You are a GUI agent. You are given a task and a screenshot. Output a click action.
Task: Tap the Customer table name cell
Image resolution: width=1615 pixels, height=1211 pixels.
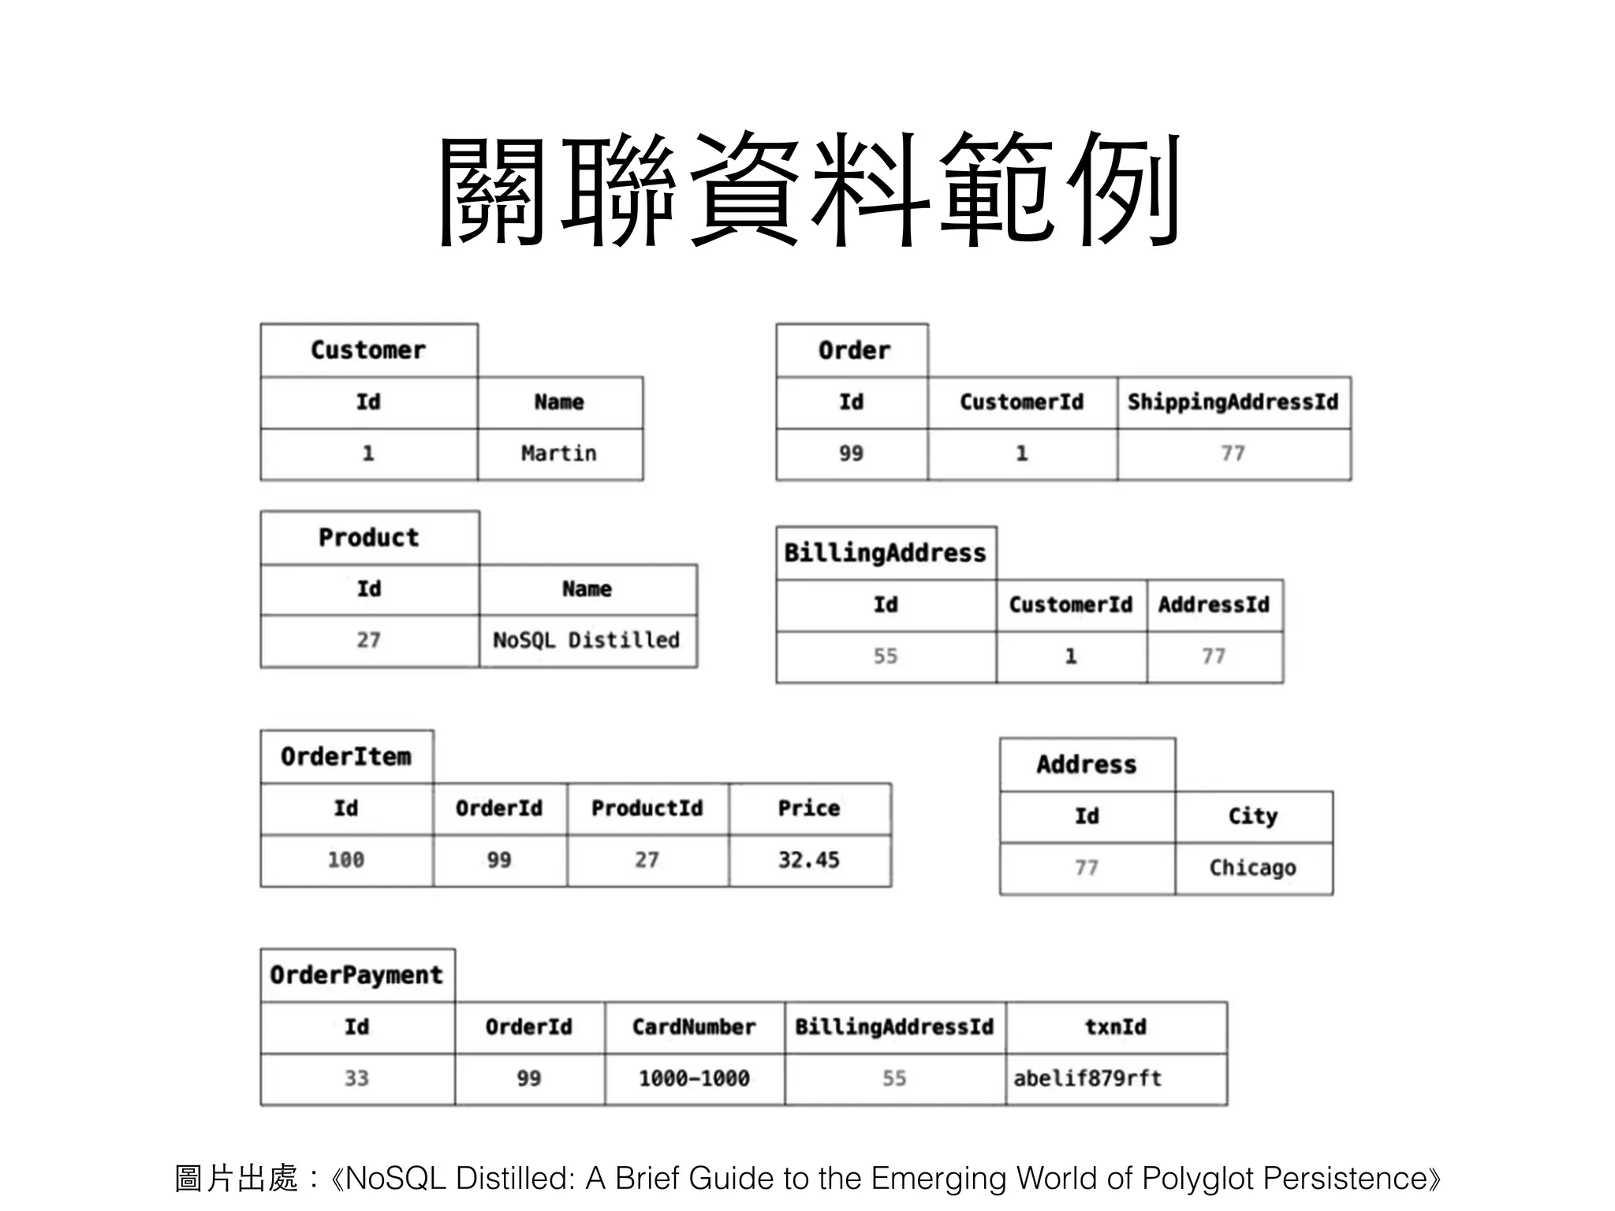coord(368,350)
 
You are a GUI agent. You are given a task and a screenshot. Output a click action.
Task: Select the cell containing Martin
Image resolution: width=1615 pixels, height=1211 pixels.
coord(559,453)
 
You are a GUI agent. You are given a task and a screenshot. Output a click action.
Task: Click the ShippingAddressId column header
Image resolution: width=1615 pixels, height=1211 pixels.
coord(1233,402)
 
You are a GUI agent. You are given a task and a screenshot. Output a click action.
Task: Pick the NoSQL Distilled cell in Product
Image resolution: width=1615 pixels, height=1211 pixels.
coord(586,640)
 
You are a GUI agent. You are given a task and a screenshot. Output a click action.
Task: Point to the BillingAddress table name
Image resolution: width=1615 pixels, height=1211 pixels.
coord(885,553)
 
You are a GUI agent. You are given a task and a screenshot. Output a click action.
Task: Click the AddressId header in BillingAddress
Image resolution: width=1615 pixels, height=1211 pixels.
coord(1214,605)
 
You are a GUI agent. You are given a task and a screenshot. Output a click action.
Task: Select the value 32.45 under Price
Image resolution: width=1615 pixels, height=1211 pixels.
coord(809,859)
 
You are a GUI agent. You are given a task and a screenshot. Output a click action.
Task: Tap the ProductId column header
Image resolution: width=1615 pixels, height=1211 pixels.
coord(647,808)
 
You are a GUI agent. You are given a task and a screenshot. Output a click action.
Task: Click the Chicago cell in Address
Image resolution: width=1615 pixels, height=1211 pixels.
coord(1252,867)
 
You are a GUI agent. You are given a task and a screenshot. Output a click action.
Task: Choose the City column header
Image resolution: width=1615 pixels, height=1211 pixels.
coord(1252,816)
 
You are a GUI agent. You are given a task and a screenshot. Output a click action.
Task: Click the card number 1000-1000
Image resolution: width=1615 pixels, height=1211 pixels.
coord(694,1078)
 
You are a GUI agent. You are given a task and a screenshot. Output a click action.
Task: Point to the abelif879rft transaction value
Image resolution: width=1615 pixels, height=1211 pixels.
coord(1087,1078)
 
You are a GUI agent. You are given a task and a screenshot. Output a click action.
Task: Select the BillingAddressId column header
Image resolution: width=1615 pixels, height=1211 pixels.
coord(894,1027)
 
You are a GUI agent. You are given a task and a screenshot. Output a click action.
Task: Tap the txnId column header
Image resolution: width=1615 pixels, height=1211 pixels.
coord(1115,1027)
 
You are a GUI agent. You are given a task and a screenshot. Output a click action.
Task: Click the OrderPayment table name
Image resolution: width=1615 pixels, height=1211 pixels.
coord(356,975)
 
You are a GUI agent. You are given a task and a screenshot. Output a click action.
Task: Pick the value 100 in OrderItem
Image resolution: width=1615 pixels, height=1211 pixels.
coord(346,859)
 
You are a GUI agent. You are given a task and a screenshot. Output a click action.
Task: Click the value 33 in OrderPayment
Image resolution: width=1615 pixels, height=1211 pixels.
coord(356,1078)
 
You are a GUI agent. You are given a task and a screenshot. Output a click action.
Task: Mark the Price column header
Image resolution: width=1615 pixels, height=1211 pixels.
coord(809,808)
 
